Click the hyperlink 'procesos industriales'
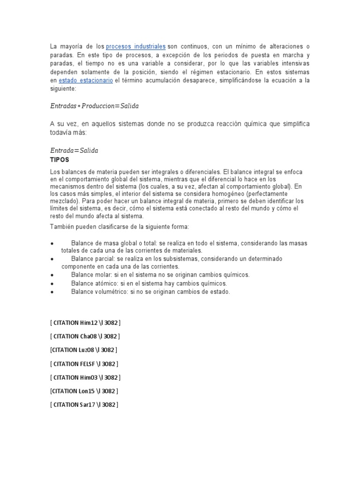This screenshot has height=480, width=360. [135, 46]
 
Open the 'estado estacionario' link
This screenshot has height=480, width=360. [92, 80]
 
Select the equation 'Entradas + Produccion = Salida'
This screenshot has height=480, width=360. [94, 106]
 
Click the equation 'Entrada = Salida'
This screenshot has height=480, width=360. [74, 150]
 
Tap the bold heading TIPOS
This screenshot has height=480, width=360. [60, 159]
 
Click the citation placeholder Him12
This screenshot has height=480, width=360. [85, 322]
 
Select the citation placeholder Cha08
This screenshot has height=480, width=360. [85, 336]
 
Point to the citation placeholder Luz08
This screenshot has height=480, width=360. [83, 350]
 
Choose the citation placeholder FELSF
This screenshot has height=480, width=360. [84, 363]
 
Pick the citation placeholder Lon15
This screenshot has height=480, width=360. [84, 390]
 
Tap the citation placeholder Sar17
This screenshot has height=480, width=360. [84, 404]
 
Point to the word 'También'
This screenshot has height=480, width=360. [61, 227]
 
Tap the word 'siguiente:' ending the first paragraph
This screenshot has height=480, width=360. [62, 89]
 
